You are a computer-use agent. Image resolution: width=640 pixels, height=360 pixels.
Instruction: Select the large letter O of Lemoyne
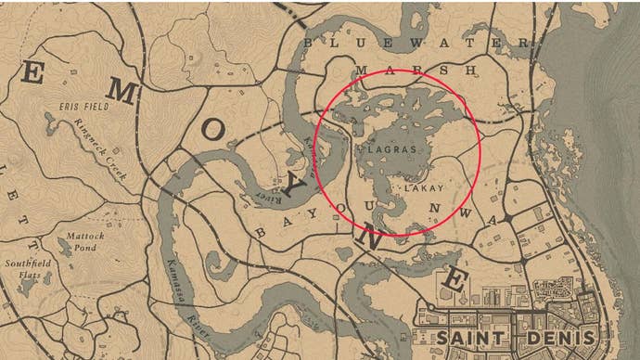point(212,135)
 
